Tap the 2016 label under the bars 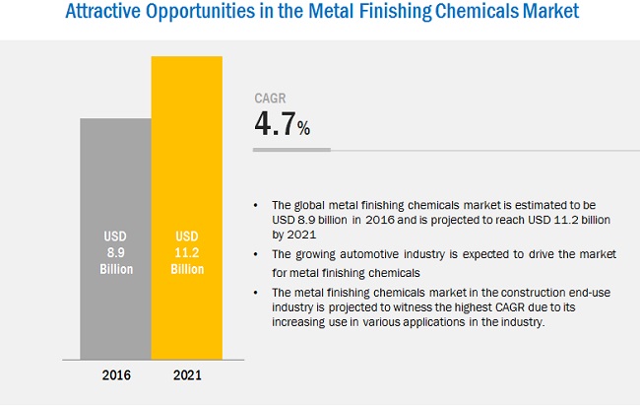click(x=115, y=375)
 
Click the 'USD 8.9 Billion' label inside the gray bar click(x=115, y=252)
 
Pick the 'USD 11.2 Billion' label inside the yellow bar click(x=186, y=252)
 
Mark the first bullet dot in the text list click(x=256, y=204)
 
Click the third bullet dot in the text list click(x=256, y=291)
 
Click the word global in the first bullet click(x=310, y=204)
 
